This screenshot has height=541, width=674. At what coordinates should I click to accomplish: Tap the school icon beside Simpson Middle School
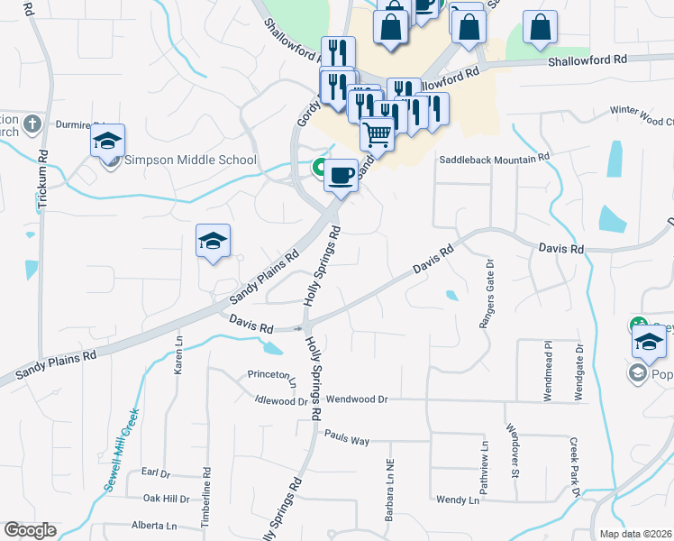click(x=107, y=142)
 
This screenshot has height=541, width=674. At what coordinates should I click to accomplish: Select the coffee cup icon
click(x=341, y=174)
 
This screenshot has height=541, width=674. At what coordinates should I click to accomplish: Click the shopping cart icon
click(x=378, y=134)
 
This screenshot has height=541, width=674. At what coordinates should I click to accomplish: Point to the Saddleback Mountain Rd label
click(x=494, y=160)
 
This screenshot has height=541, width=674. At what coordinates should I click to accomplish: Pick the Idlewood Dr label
click(x=281, y=400)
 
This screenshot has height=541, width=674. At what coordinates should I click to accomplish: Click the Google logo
click(x=30, y=530)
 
